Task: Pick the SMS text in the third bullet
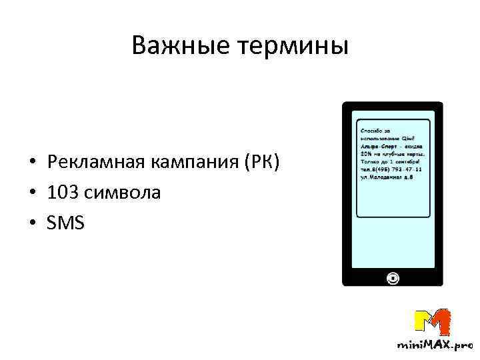tap(65, 223)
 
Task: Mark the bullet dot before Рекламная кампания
tap(31, 163)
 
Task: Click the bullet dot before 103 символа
tap(31, 193)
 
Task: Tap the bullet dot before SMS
tap(31, 224)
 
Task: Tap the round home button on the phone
tap(393, 277)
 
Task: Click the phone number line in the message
tap(390, 169)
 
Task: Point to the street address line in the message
tap(387, 178)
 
